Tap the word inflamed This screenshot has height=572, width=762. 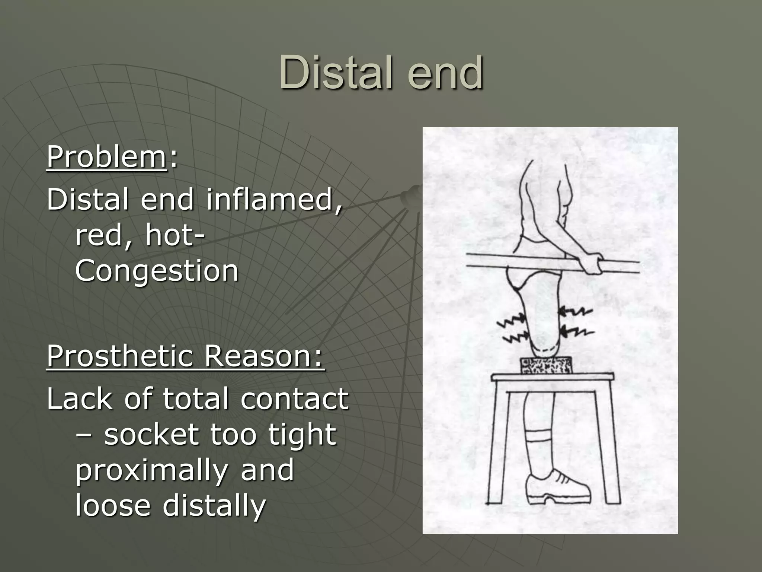[273, 199]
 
